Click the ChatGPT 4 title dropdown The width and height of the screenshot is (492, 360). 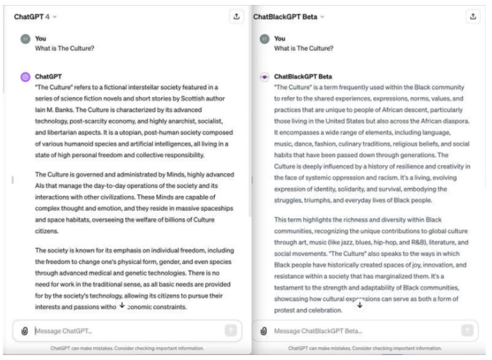pyautogui.click(x=35, y=16)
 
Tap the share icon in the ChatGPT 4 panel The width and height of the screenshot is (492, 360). pyautogui.click(x=235, y=16)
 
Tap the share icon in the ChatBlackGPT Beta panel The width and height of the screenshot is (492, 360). pyautogui.click(x=473, y=16)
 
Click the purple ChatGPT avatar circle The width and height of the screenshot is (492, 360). pyautogui.click(x=25, y=76)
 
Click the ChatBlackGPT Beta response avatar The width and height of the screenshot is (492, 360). pyautogui.click(x=263, y=76)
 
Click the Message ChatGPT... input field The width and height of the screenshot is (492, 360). pyautogui.click(x=124, y=331)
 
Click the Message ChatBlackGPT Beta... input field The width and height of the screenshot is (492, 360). pyautogui.click(x=361, y=331)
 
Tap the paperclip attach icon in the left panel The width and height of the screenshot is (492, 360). pyautogui.click(x=24, y=331)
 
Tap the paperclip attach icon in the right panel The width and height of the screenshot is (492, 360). pyautogui.click(x=263, y=331)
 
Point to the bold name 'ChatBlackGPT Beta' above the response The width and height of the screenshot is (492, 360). pyautogui.click(x=305, y=76)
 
